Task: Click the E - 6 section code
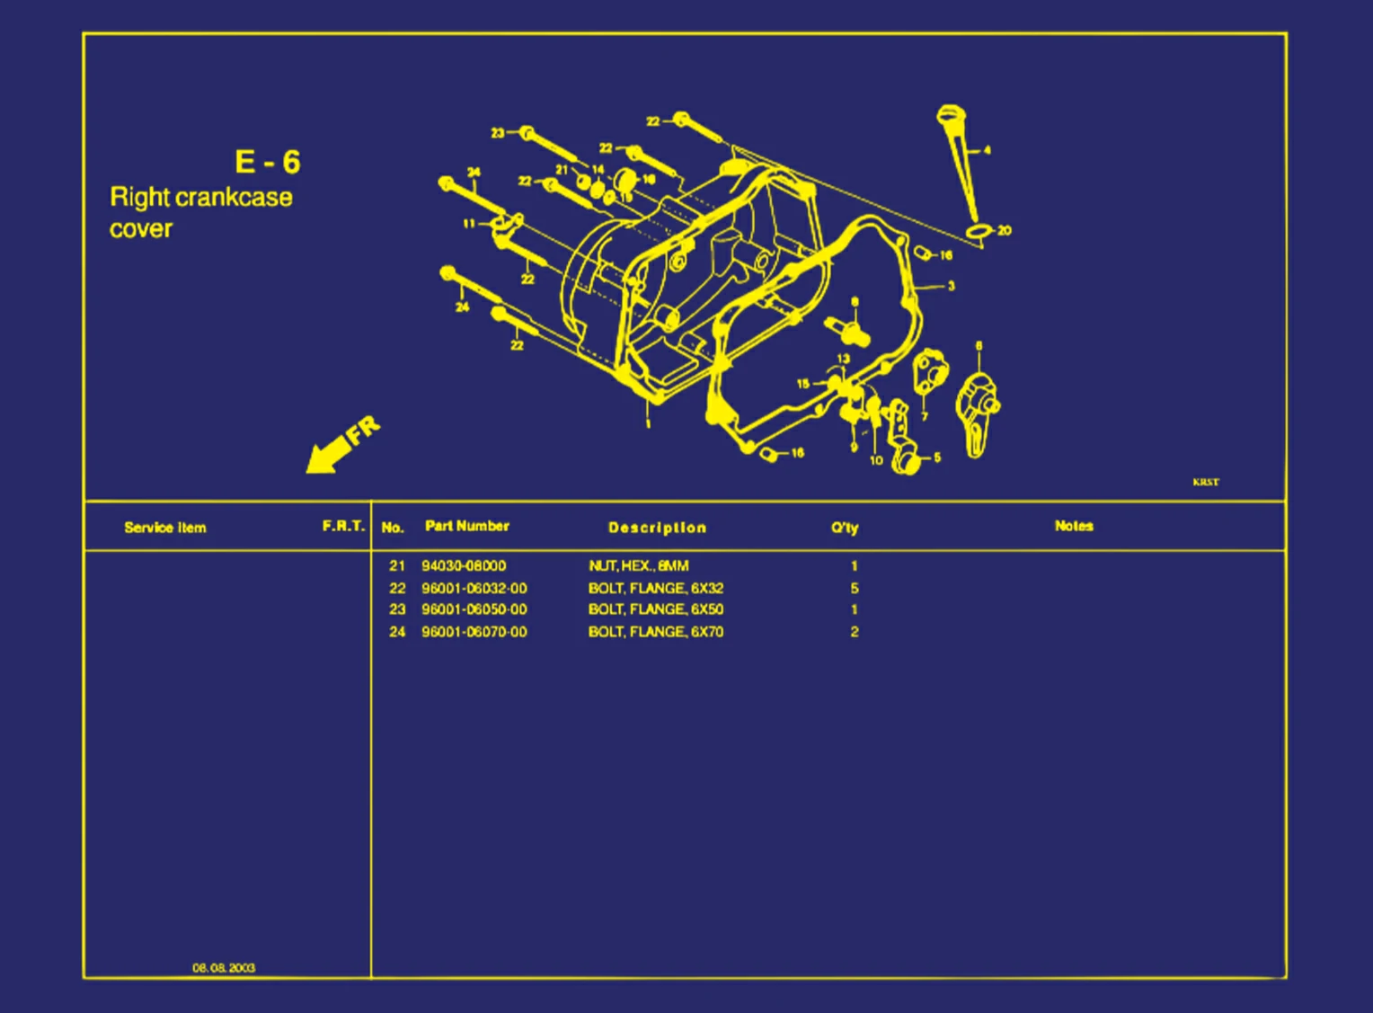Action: click(268, 162)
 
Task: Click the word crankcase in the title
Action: click(234, 197)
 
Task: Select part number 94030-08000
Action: click(464, 565)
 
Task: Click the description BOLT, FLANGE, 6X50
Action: click(656, 609)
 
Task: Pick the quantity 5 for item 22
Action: click(855, 588)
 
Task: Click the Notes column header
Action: click(1074, 526)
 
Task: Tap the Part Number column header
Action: click(466, 526)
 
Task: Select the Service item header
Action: click(165, 528)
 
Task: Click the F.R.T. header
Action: click(343, 526)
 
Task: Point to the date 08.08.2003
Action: click(224, 968)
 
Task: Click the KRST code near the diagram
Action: click(1206, 482)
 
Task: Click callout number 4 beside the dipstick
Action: click(988, 150)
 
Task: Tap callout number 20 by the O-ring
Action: click(1005, 231)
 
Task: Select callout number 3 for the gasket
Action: click(952, 287)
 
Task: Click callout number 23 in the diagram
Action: click(497, 133)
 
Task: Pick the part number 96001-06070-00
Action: click(474, 632)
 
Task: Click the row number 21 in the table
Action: click(397, 565)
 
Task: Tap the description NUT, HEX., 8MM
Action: click(639, 565)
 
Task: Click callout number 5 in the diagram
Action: click(937, 458)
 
